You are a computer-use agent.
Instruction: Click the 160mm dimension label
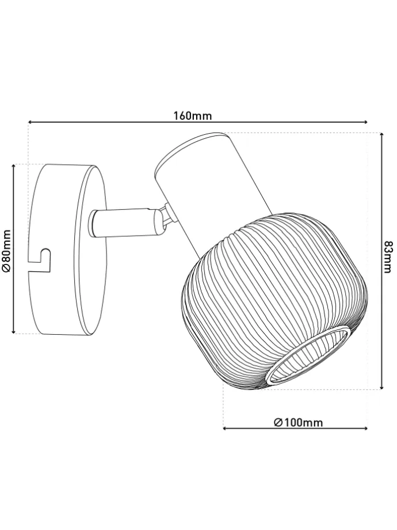[193, 115]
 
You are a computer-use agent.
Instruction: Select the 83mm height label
[389, 258]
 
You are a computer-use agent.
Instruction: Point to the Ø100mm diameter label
[298, 422]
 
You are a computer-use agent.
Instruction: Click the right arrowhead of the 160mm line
[364, 122]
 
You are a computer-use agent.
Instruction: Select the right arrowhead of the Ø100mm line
[365, 428]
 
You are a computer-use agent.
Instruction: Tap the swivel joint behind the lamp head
[166, 218]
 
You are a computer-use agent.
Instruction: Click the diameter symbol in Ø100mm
[277, 422]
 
